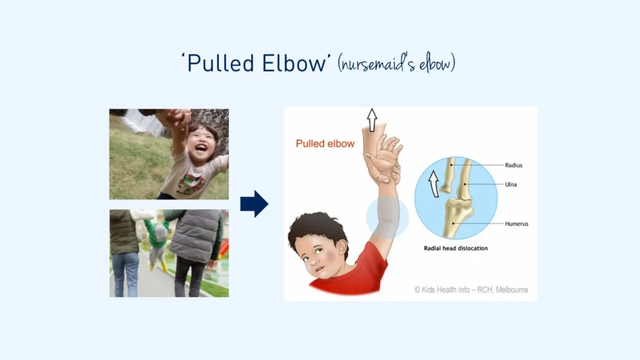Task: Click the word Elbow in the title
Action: [x=294, y=63]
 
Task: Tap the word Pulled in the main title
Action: [x=221, y=63]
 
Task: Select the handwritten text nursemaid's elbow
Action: [x=396, y=64]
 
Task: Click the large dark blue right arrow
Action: [x=254, y=204]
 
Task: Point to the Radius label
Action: [x=514, y=165]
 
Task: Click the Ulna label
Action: [x=511, y=184]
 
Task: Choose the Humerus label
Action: [x=516, y=224]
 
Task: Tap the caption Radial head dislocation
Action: [x=456, y=248]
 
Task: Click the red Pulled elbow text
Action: [x=325, y=144]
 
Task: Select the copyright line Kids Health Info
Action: [x=471, y=290]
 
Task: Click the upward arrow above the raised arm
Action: [x=371, y=120]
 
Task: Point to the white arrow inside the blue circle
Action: [x=434, y=184]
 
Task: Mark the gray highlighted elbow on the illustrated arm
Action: [x=387, y=217]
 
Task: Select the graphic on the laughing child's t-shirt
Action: [x=191, y=182]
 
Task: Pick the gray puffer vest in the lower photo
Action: [x=196, y=236]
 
